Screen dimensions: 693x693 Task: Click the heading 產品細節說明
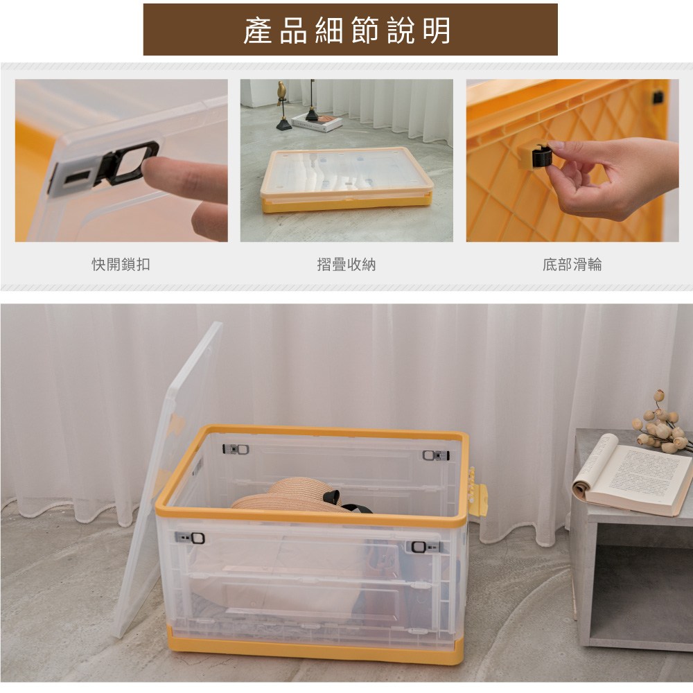[347, 30]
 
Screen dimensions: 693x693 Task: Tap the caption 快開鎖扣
[121, 264]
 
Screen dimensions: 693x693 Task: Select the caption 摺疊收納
[346, 264]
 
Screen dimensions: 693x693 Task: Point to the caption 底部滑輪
[572, 264]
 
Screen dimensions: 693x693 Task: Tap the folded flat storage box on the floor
[346, 179]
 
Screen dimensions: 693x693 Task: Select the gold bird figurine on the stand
[281, 91]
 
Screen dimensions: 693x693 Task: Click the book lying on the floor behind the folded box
[317, 123]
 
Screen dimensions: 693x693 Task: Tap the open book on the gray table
[632, 475]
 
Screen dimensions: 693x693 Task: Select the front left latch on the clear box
[190, 538]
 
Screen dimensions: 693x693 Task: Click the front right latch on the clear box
[426, 547]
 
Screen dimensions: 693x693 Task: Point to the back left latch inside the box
[236, 450]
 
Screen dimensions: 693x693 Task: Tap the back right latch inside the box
[436, 455]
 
